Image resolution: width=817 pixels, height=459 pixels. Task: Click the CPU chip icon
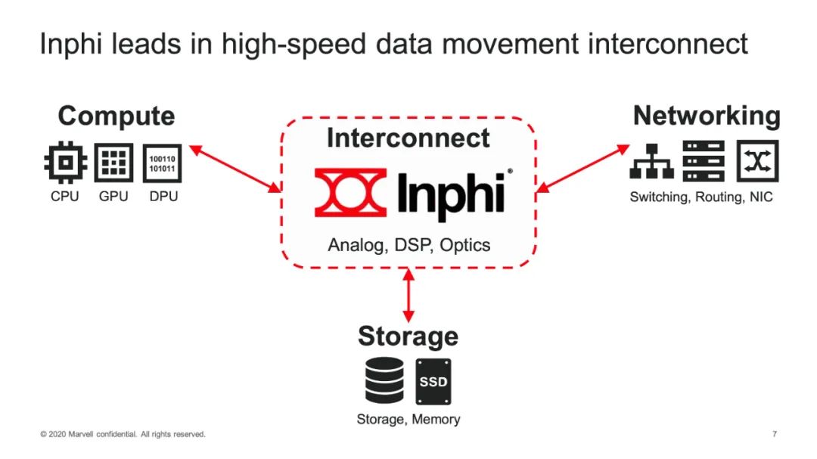coord(65,163)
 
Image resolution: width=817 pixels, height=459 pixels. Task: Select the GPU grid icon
coord(113,163)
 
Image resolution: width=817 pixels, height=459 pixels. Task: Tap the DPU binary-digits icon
coord(162,163)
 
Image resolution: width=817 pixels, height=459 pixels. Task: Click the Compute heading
coord(116,116)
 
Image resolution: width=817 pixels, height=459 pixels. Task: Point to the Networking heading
coord(707,116)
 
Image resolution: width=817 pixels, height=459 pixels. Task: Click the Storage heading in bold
coord(408,336)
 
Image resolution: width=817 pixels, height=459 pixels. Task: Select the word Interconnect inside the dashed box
coord(408,138)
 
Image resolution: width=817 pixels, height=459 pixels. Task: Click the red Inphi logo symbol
coord(351,192)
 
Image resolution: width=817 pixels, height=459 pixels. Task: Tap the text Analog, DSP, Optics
coord(409,245)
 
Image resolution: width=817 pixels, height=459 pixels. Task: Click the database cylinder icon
coord(384,380)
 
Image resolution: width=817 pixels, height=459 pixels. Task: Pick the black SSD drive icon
coord(433,381)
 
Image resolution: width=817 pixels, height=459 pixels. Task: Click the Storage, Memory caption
coord(408,420)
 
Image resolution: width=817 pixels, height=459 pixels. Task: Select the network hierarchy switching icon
coord(652,162)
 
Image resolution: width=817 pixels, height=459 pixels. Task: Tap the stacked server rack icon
coord(704,161)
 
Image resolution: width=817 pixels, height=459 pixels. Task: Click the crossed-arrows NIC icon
coord(757,161)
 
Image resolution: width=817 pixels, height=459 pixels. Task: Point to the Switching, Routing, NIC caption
coord(701,197)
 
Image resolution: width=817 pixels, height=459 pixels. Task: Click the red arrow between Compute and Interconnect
coord(235,169)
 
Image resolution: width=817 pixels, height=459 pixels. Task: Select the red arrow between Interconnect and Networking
coord(582,169)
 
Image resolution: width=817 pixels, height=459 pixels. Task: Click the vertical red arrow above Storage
coord(408,295)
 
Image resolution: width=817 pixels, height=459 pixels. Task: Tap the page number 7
coord(775,434)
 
